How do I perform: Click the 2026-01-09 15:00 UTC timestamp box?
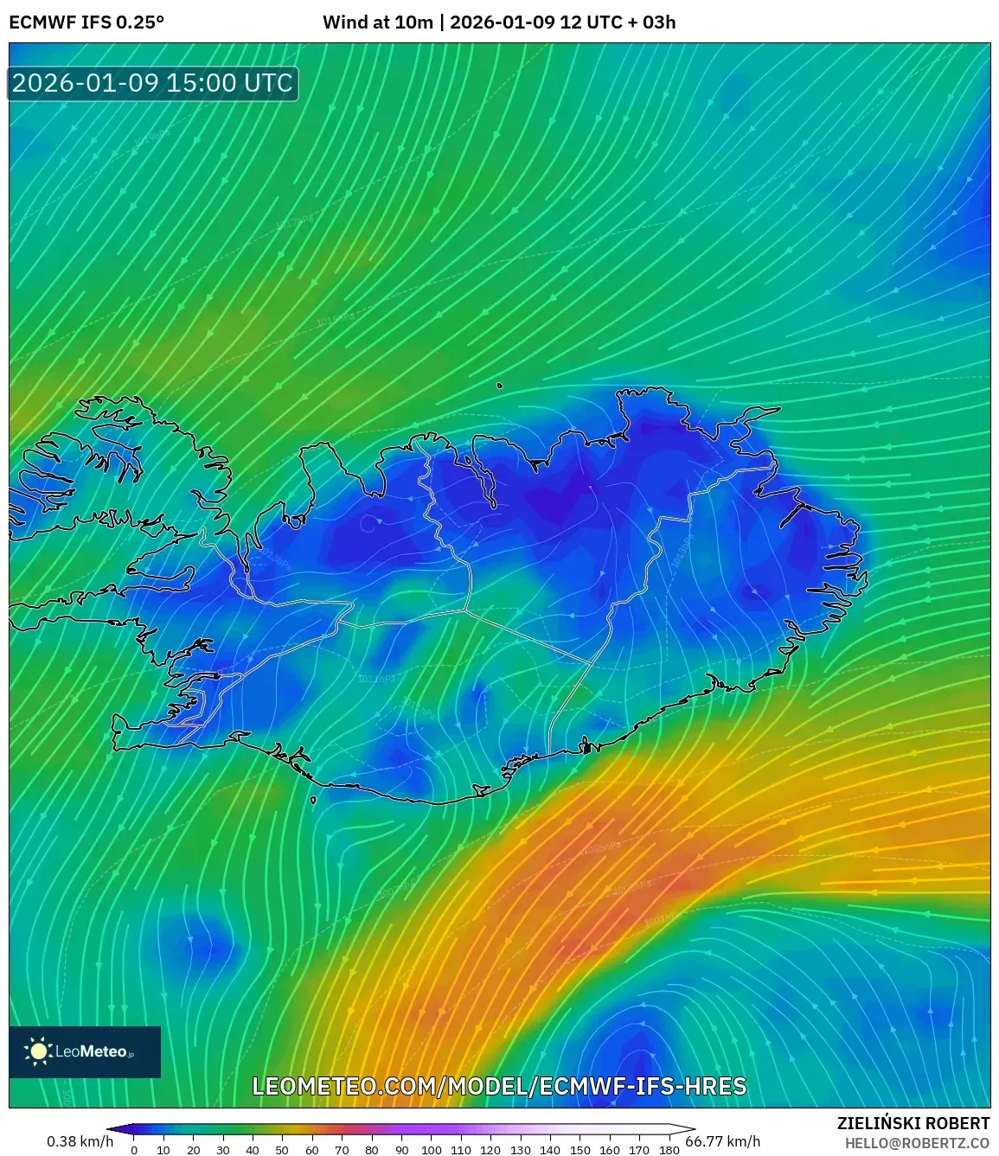point(153,84)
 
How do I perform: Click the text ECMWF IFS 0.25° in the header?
point(86,22)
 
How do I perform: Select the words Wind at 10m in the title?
point(377,22)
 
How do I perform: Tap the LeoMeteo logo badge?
point(85,1051)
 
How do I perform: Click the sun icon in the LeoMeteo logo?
point(38,1051)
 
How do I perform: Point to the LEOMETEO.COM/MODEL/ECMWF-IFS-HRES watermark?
point(499,1086)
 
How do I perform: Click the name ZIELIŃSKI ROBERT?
point(913,1123)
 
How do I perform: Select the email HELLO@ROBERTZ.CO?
point(917,1143)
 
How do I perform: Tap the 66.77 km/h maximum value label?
point(722,1141)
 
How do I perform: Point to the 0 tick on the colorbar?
point(134,1150)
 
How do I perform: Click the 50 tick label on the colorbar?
point(282,1150)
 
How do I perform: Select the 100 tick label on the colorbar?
point(431,1150)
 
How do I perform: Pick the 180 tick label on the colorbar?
point(669,1150)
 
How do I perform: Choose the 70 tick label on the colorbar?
point(342,1150)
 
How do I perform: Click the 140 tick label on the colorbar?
point(550,1150)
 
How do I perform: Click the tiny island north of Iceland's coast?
point(499,386)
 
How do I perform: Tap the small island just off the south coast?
point(313,800)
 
